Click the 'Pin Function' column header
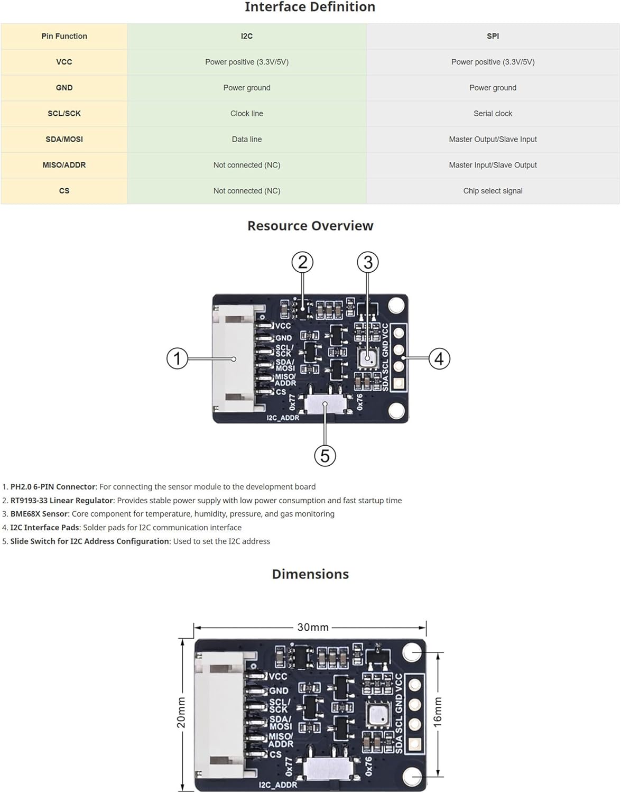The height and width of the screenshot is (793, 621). (64, 36)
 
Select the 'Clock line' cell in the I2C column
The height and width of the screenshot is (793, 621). (246, 113)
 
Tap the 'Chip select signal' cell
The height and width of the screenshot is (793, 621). (492, 191)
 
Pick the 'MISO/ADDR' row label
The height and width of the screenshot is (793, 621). (64, 165)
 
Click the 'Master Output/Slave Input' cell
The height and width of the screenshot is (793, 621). (492, 139)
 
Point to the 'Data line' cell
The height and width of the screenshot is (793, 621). (246, 139)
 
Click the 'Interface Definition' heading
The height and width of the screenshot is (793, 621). (310, 7)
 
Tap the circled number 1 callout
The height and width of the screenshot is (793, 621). (177, 358)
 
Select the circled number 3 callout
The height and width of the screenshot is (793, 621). (368, 262)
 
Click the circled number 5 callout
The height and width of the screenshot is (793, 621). (325, 455)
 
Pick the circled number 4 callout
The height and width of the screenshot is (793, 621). (439, 358)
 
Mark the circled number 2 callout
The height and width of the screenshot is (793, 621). (302, 262)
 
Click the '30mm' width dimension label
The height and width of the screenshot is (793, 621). (312, 627)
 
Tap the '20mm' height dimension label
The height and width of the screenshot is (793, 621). (181, 713)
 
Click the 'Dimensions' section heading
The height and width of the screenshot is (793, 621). (310, 574)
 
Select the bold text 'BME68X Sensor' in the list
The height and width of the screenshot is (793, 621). (39, 514)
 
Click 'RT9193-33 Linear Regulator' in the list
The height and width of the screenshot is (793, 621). (62, 500)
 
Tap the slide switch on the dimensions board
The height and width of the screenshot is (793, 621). (328, 768)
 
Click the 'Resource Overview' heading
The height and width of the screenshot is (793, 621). (310, 226)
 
